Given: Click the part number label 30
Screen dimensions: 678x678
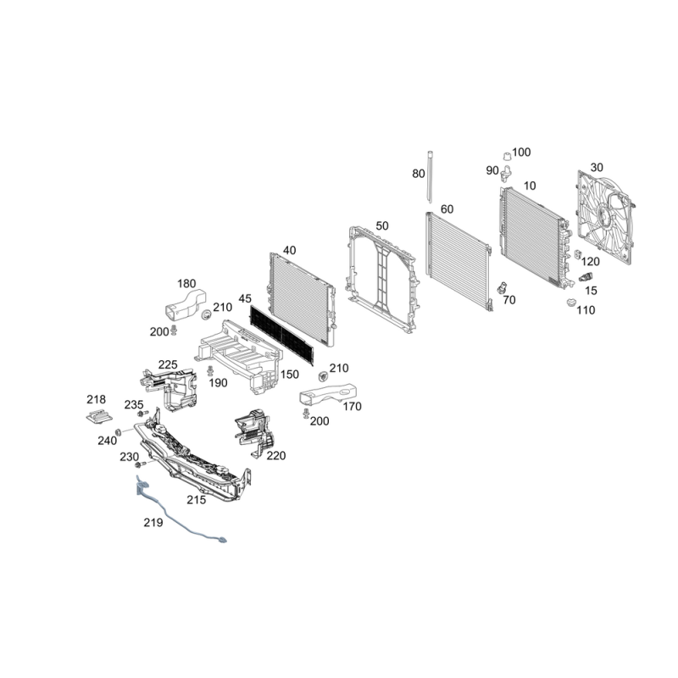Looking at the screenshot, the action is point(597,167).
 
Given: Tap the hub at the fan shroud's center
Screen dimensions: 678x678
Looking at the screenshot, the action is point(602,213).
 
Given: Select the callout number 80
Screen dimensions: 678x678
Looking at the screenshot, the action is point(418,174).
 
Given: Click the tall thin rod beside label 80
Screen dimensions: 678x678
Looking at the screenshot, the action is point(431,177).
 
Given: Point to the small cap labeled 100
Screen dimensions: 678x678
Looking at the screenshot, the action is point(506,157).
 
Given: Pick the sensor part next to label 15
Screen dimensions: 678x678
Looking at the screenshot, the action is point(586,277).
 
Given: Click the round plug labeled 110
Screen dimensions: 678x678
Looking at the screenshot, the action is point(571,303).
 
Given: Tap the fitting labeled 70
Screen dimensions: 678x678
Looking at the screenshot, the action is point(503,287).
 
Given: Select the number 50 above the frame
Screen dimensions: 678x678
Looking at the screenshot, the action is point(382,226).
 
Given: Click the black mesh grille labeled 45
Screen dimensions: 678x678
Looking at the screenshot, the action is point(281,335).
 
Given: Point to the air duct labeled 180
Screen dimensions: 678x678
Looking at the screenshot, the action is point(185,305).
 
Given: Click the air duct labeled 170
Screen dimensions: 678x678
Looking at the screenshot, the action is point(329,393).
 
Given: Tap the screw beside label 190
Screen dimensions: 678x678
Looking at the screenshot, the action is point(210,370).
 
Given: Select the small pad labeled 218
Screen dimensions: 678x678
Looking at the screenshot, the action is point(99,417).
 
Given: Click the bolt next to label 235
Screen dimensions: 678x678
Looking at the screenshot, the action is point(142,414).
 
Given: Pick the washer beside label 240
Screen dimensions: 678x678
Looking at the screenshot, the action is point(117,432).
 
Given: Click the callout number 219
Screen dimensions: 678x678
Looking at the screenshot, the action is point(153,523).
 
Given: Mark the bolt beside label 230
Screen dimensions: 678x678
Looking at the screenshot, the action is point(140,464).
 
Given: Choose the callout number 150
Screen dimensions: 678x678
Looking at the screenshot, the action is point(289,375).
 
